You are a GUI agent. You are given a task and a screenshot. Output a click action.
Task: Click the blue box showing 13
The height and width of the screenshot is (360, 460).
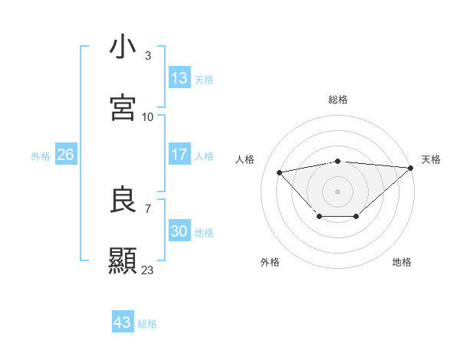point(179,78)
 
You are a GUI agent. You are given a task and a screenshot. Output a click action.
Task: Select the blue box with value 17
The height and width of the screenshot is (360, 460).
point(179,155)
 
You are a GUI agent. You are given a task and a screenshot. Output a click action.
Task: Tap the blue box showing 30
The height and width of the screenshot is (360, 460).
point(179,231)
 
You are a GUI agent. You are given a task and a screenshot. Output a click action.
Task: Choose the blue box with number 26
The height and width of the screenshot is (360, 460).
point(65,155)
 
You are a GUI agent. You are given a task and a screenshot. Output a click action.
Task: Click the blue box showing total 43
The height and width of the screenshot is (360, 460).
point(123,322)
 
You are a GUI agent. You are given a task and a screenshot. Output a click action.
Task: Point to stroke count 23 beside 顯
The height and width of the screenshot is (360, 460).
point(148,270)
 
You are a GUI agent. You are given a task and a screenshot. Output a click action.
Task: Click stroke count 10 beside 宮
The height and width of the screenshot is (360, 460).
point(148,116)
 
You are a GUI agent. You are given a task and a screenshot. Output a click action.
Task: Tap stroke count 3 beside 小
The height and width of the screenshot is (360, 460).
point(148,55)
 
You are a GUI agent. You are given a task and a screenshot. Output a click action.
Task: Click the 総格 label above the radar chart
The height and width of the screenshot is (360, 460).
point(338,100)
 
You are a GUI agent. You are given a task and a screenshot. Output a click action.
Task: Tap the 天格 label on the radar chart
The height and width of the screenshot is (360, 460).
point(431,159)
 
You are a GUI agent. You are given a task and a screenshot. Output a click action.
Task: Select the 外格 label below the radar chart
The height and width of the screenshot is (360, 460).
point(270,262)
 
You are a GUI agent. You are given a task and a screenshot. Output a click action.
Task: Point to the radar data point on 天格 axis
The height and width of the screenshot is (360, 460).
point(411,168)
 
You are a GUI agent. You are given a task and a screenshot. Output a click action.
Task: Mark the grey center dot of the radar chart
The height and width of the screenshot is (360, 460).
point(338,191)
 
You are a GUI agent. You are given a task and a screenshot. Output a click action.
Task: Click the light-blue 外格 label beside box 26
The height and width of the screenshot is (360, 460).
point(41,155)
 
